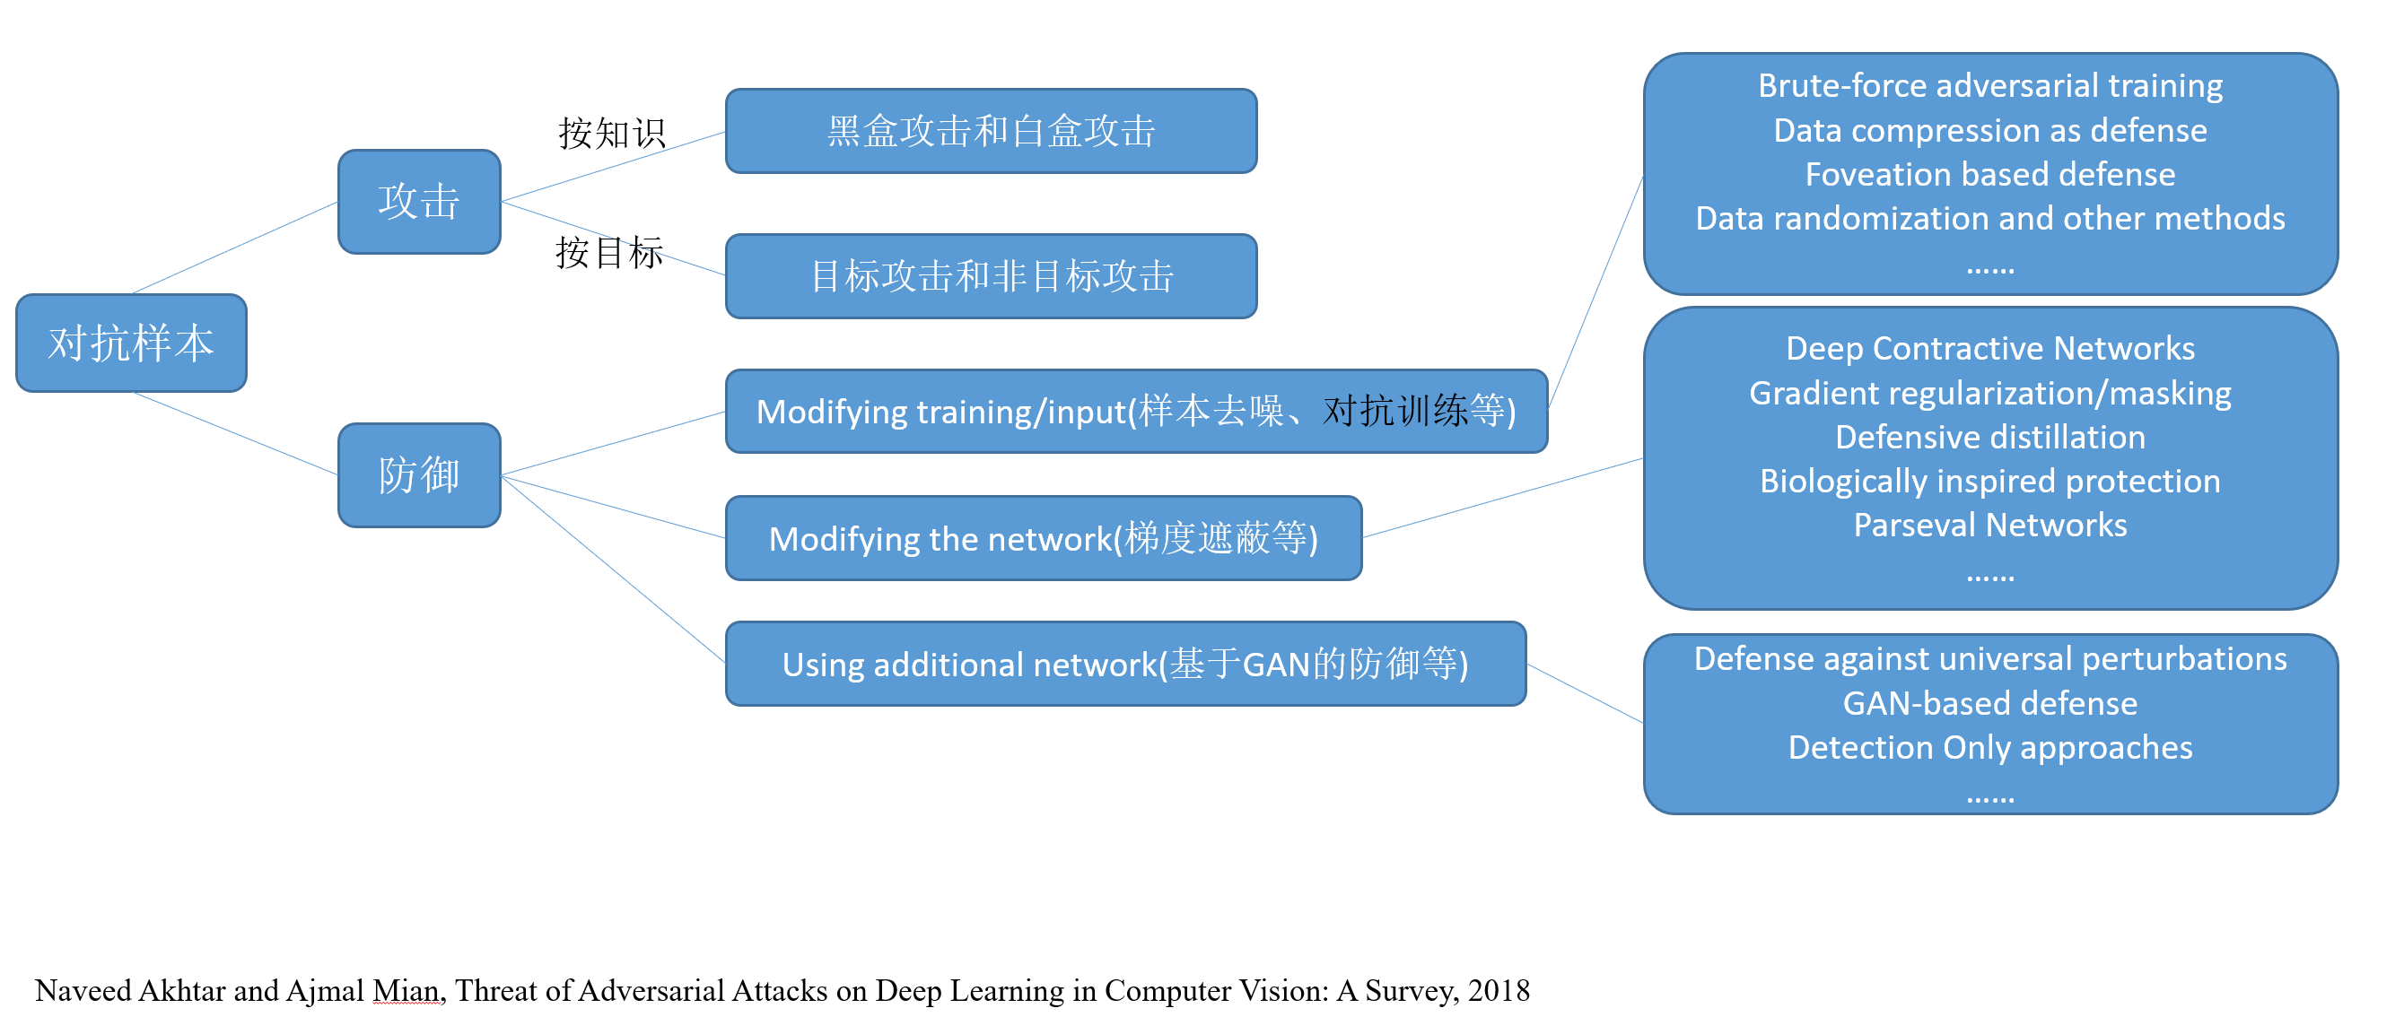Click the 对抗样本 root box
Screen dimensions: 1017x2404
[131, 343]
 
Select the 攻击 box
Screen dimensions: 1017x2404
[419, 202]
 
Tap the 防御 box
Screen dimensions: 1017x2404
[419, 475]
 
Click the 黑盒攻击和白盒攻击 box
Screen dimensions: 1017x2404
[990, 132]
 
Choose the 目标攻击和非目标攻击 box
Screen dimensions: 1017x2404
[990, 276]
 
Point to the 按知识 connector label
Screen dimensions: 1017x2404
[611, 134]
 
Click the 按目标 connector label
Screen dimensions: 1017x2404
[608, 253]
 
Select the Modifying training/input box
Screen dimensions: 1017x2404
[1136, 412]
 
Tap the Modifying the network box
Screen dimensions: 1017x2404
[1043, 538]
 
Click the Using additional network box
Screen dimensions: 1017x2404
[1124, 665]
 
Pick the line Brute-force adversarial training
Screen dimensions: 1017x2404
[1989, 86]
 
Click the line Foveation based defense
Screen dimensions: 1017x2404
[1989, 175]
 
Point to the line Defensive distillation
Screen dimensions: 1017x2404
[1989, 437]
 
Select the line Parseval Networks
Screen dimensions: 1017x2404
[1989, 526]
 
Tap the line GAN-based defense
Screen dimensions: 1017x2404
[1989, 703]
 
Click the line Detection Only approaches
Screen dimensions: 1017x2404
[1989, 747]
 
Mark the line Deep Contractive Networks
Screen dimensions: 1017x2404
[1989, 348]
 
